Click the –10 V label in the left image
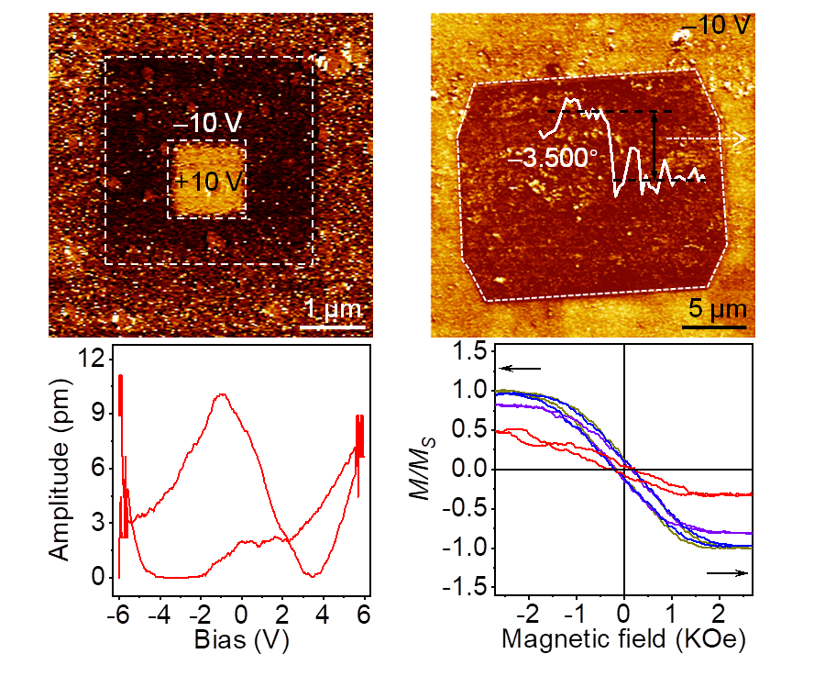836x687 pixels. (206, 122)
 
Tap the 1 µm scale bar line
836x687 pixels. (334, 326)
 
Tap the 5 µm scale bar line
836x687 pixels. (713, 326)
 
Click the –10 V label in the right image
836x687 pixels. (720, 25)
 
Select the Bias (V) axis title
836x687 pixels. (242, 640)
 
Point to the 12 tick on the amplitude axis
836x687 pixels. (86, 360)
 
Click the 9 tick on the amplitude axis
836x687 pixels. (92, 415)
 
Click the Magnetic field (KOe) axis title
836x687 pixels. (622, 638)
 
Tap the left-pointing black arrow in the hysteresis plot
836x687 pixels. (521, 369)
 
